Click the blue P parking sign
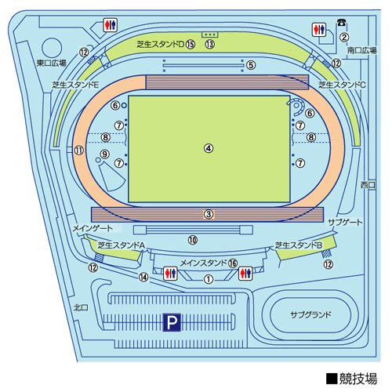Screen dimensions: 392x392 [x=172, y=322]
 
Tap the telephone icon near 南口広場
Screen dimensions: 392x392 [x=341, y=23]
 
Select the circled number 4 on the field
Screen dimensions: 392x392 [x=209, y=148]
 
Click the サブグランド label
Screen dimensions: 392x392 [x=310, y=314]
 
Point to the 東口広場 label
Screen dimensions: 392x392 [x=51, y=63]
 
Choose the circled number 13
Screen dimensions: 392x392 [x=210, y=45]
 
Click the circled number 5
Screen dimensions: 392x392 [x=251, y=65]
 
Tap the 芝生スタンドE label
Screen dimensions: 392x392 [x=75, y=85]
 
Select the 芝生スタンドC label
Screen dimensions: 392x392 [x=342, y=85]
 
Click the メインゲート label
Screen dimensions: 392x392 [x=93, y=228]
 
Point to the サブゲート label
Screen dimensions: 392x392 [x=345, y=223]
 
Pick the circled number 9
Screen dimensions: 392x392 [x=105, y=154]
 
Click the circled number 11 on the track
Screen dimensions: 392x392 [x=79, y=151]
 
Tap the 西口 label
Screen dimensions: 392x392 [x=368, y=185]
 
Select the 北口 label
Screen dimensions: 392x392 [x=81, y=307]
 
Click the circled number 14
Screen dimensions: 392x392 [x=143, y=277]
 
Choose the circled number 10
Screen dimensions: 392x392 [x=193, y=240]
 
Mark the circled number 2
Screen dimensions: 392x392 [x=344, y=38]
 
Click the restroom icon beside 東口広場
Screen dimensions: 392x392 [x=110, y=25]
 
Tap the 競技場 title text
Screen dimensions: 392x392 [x=358, y=379]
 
